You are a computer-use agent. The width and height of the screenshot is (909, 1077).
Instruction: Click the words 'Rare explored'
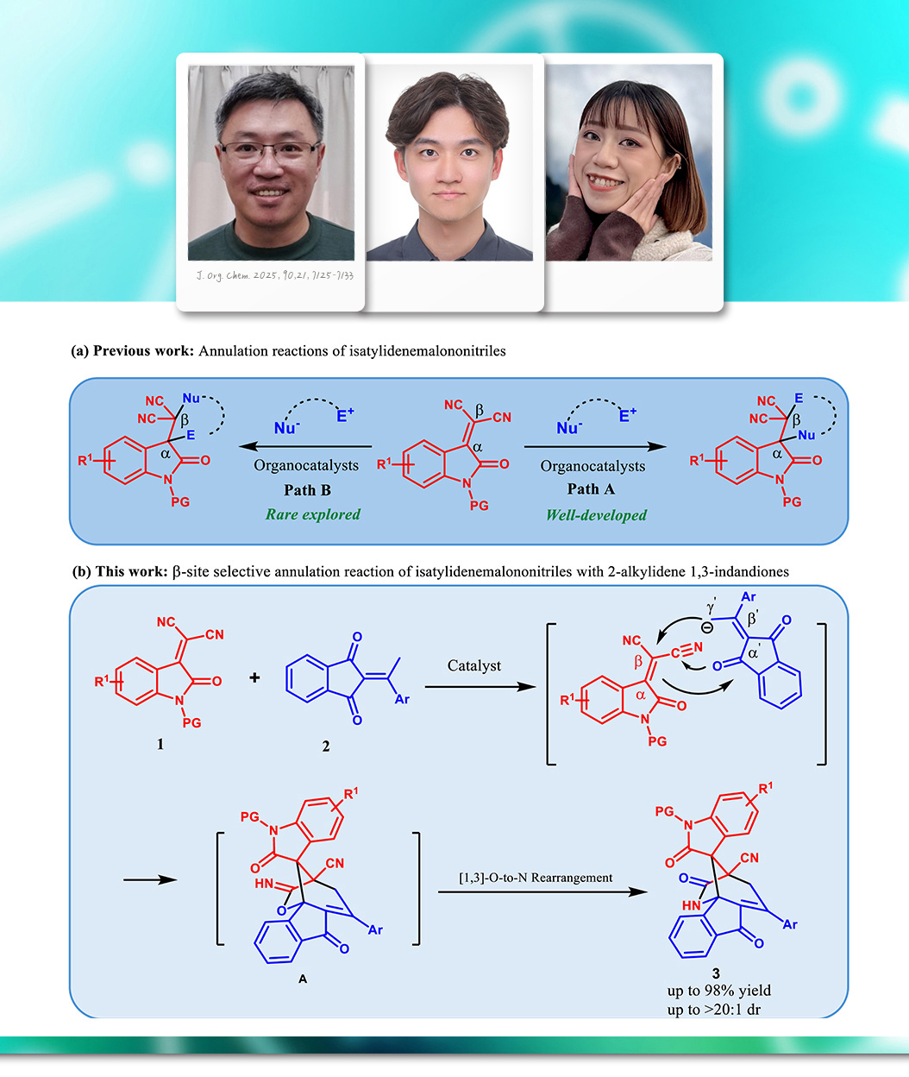point(313,514)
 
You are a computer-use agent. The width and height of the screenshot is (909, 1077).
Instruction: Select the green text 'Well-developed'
point(596,515)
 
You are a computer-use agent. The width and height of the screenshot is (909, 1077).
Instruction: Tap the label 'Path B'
point(308,490)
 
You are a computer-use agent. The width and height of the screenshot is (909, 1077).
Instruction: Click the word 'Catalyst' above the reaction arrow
point(476,665)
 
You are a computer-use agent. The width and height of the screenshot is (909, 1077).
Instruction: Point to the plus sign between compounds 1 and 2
point(254,678)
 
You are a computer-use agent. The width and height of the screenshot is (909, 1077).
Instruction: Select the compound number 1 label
point(160,744)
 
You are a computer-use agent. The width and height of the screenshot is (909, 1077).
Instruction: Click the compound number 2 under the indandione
point(326,746)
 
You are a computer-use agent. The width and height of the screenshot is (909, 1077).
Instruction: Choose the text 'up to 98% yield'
point(719,990)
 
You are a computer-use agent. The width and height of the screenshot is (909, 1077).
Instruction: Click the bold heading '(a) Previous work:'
point(133,351)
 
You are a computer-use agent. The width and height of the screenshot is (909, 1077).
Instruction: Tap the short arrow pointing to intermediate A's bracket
point(150,880)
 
